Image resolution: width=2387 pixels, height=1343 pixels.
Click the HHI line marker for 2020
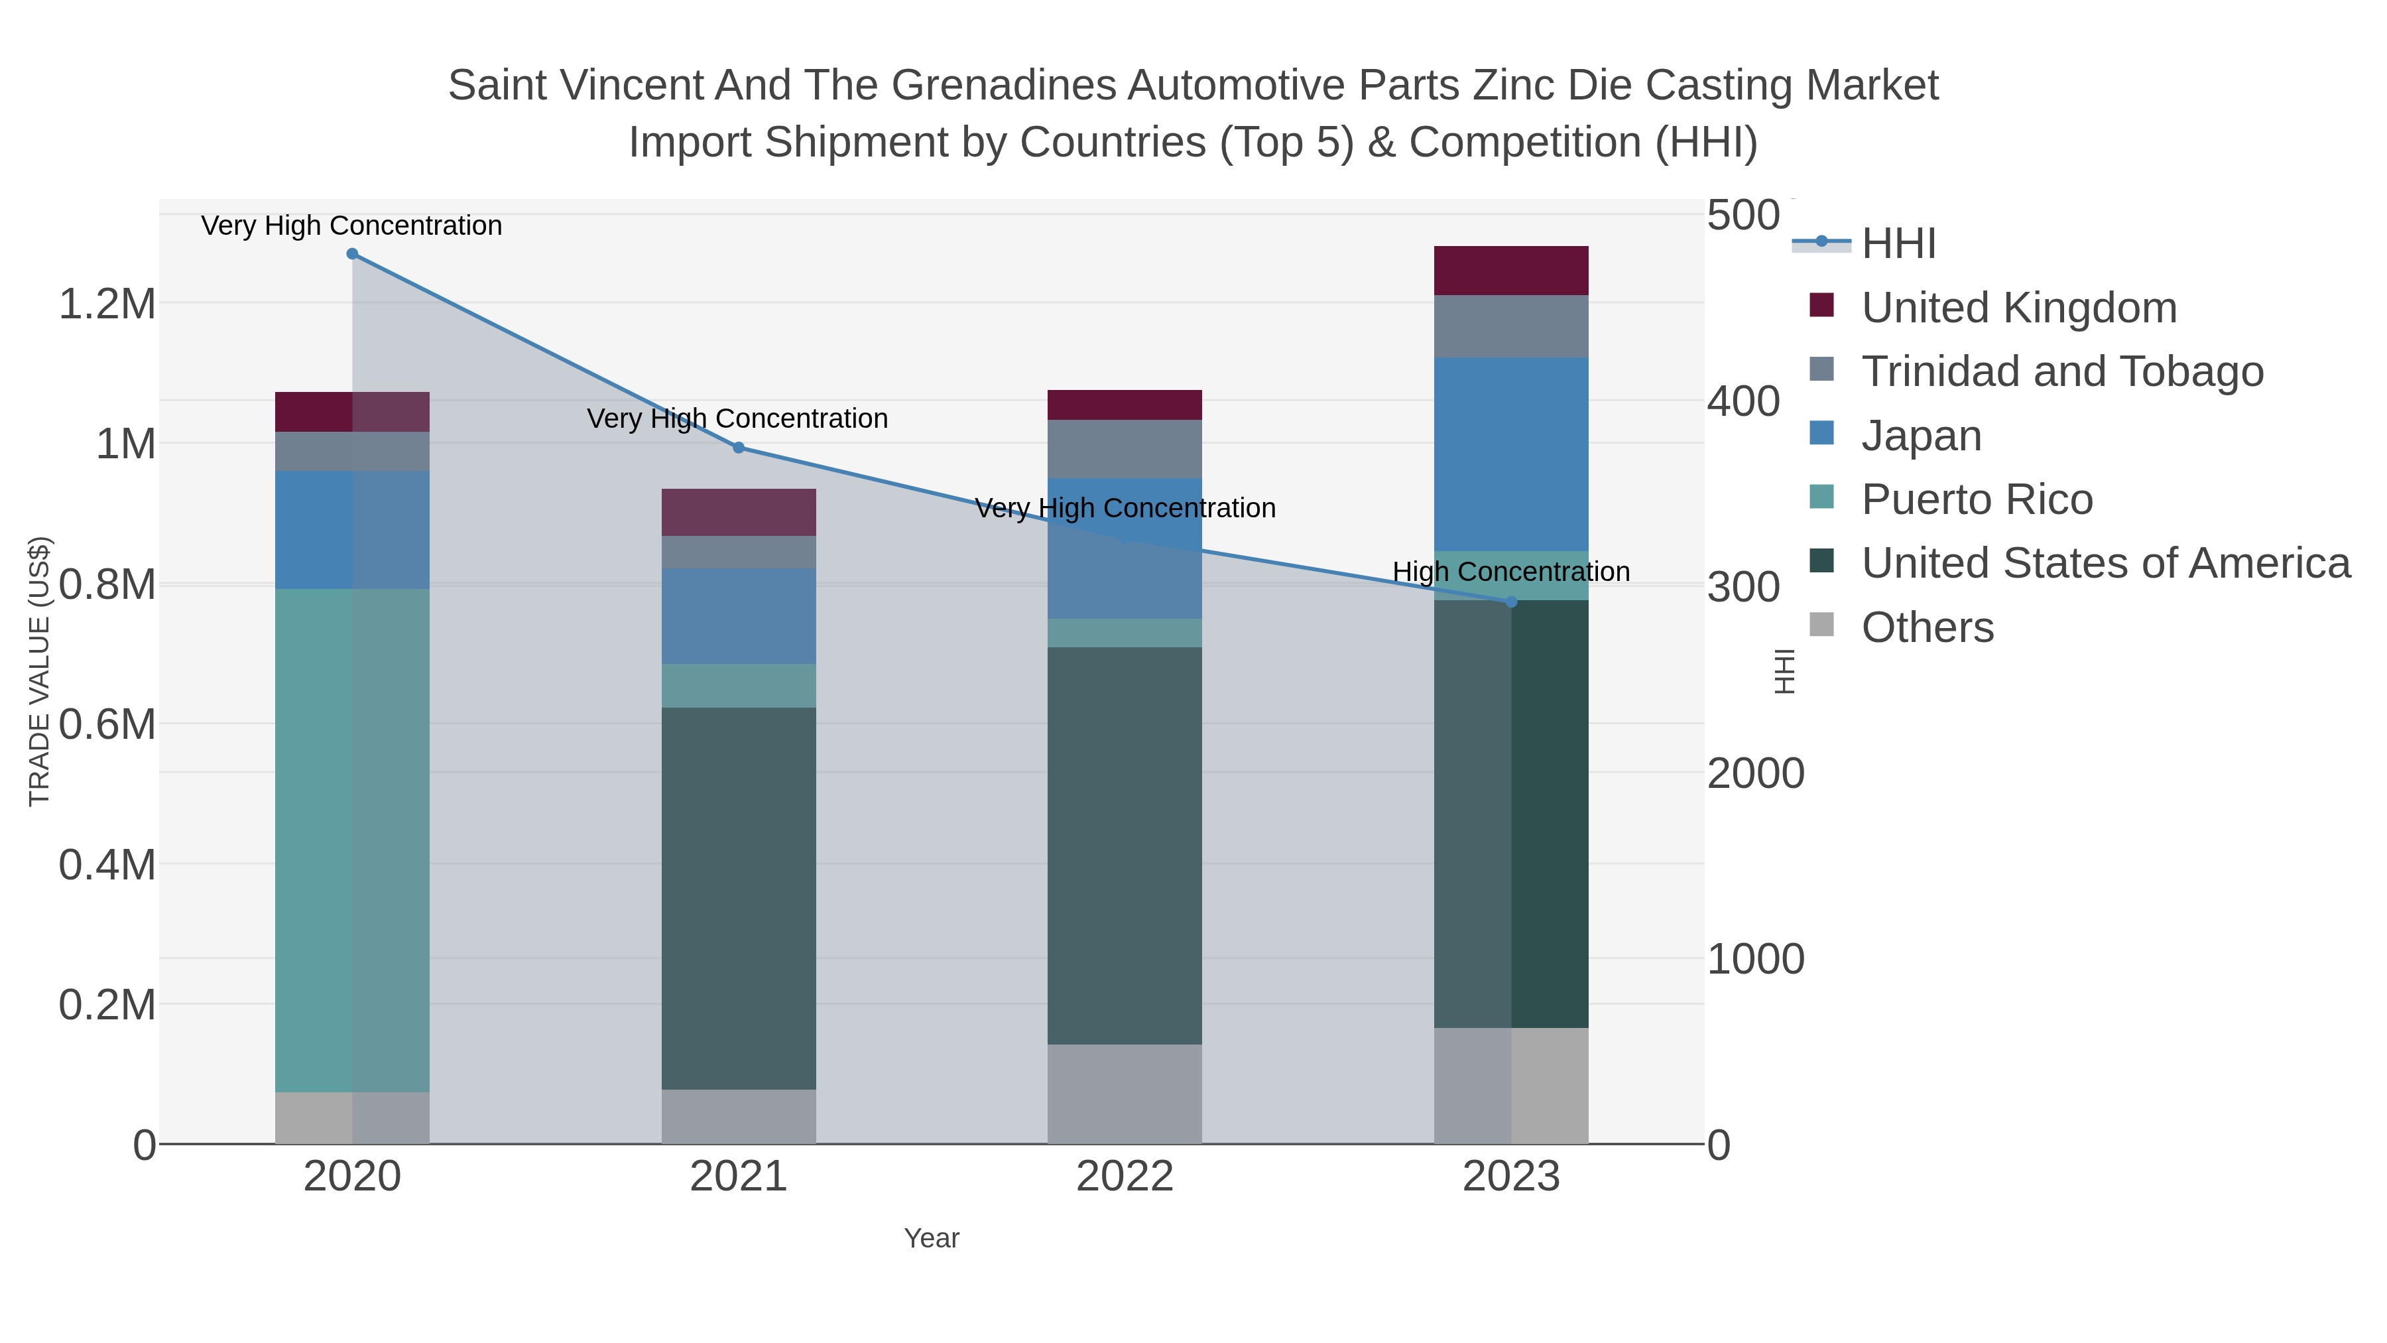(x=352, y=254)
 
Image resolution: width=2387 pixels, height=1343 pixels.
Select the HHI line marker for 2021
(x=739, y=448)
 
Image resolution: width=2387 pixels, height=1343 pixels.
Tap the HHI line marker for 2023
(x=1511, y=602)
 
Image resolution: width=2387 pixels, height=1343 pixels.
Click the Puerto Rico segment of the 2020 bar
(x=352, y=840)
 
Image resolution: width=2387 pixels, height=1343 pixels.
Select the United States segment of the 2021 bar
(x=739, y=897)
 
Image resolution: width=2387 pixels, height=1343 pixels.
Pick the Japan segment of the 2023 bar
(x=1511, y=454)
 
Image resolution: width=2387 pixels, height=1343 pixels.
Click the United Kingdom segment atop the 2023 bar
(x=1511, y=271)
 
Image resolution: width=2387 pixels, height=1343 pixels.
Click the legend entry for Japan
(x=1921, y=436)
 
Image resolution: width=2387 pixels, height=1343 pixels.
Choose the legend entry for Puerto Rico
(x=1977, y=499)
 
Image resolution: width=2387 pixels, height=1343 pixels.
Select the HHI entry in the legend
(x=1899, y=244)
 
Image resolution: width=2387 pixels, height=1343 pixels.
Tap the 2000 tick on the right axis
(x=1755, y=774)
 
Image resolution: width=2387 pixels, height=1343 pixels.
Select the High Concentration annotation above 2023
(x=1510, y=572)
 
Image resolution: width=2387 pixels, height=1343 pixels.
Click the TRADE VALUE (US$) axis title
(x=40, y=671)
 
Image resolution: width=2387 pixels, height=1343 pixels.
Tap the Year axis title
(x=932, y=1238)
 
